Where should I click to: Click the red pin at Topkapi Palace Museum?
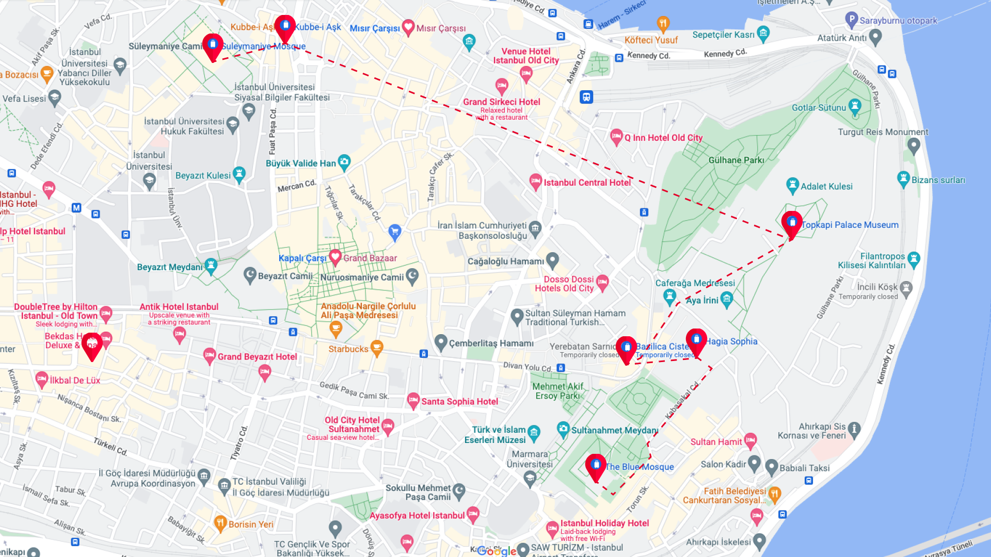pyautogui.click(x=792, y=223)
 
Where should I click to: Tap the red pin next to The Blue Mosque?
pyautogui.click(x=596, y=466)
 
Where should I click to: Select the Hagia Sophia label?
pyautogui.click(x=732, y=341)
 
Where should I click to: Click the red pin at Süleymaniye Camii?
pyautogui.click(x=213, y=46)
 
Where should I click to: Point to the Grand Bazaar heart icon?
pyautogui.click(x=335, y=256)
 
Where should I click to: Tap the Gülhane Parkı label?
pyautogui.click(x=736, y=160)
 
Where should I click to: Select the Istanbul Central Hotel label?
pyautogui.click(x=587, y=183)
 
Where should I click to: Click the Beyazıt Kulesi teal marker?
pyautogui.click(x=239, y=174)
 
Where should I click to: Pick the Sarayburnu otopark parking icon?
pyautogui.click(x=851, y=20)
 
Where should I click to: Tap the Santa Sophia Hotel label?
pyautogui.click(x=459, y=402)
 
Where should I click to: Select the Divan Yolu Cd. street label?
pyautogui.click(x=527, y=367)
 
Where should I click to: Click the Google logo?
pyautogui.click(x=496, y=551)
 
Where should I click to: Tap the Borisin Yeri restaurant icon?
pyautogui.click(x=220, y=523)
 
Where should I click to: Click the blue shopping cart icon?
pyautogui.click(x=395, y=232)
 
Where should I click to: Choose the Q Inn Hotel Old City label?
pyautogui.click(x=663, y=138)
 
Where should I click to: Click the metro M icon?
pyautogui.click(x=76, y=208)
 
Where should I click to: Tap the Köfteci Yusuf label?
pyautogui.click(x=651, y=40)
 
